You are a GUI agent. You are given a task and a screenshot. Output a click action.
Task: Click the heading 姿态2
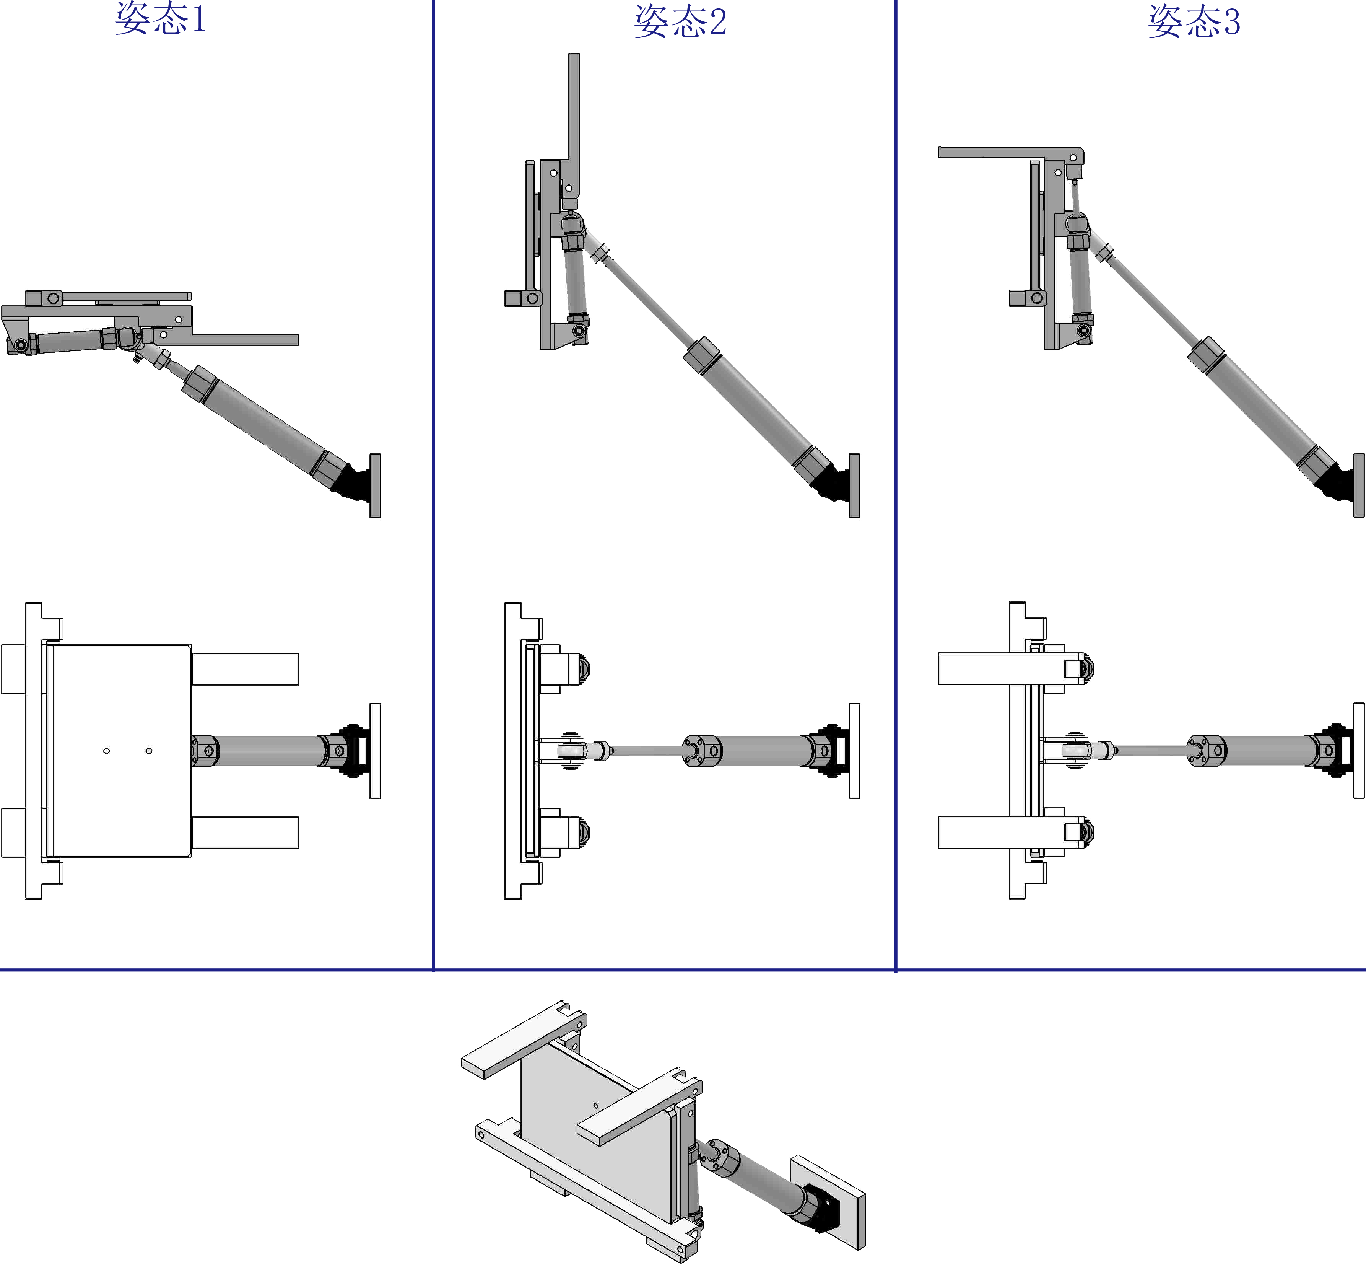(x=680, y=21)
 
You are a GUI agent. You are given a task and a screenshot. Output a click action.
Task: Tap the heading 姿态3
(x=1194, y=21)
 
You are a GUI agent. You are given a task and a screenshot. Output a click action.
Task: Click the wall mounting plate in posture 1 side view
(x=375, y=485)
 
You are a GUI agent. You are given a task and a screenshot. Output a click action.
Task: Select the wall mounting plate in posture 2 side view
(x=854, y=485)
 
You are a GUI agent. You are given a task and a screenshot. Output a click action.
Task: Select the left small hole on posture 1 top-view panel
(x=107, y=751)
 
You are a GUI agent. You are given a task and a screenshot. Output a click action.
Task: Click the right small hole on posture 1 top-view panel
(x=149, y=751)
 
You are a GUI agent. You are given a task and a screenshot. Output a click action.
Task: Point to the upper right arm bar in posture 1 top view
(x=245, y=669)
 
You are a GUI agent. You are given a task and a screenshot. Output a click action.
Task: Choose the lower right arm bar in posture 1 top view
(x=245, y=832)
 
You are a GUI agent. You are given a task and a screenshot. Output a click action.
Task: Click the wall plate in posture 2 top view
(x=854, y=751)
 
